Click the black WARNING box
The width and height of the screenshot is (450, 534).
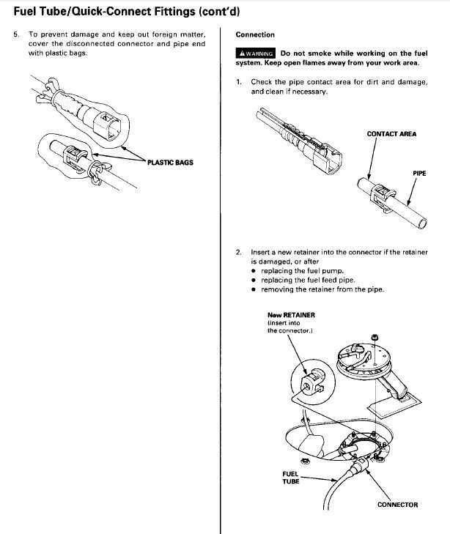[255, 53]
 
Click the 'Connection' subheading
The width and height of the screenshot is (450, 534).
[255, 35]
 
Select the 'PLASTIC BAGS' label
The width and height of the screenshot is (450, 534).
[170, 162]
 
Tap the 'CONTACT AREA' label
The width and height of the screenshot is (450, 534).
[391, 134]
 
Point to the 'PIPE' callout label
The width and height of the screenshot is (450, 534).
[420, 174]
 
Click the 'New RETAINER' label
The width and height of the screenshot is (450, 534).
[291, 315]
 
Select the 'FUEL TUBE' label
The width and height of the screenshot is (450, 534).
[291, 478]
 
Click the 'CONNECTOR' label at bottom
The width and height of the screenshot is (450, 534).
[397, 505]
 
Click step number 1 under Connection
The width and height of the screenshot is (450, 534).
[239, 82]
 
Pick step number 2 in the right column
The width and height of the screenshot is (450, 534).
[239, 252]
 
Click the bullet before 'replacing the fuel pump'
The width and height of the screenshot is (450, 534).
[253, 271]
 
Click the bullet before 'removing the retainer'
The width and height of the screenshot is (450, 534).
[253, 289]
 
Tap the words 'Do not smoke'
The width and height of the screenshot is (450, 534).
[305, 53]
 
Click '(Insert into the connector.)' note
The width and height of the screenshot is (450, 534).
[291, 327]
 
